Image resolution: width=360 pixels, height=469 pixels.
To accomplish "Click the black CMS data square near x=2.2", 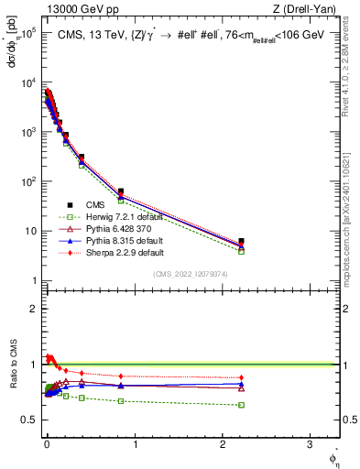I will click(x=241, y=242).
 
